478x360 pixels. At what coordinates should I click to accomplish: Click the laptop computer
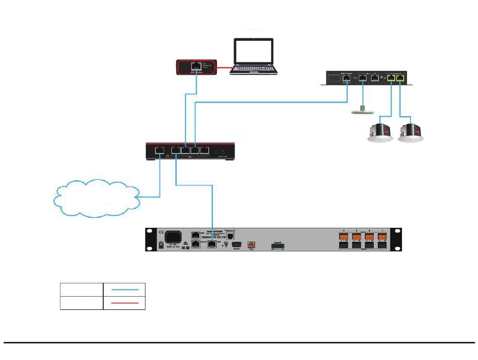coord(255,56)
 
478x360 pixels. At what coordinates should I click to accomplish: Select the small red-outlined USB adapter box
coord(197,67)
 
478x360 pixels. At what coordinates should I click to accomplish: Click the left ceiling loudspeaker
coord(380,133)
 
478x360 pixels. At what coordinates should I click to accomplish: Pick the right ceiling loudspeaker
coord(412,133)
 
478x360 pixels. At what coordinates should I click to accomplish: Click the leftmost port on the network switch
coord(160,149)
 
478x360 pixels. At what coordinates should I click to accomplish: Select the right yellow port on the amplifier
coord(401,78)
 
